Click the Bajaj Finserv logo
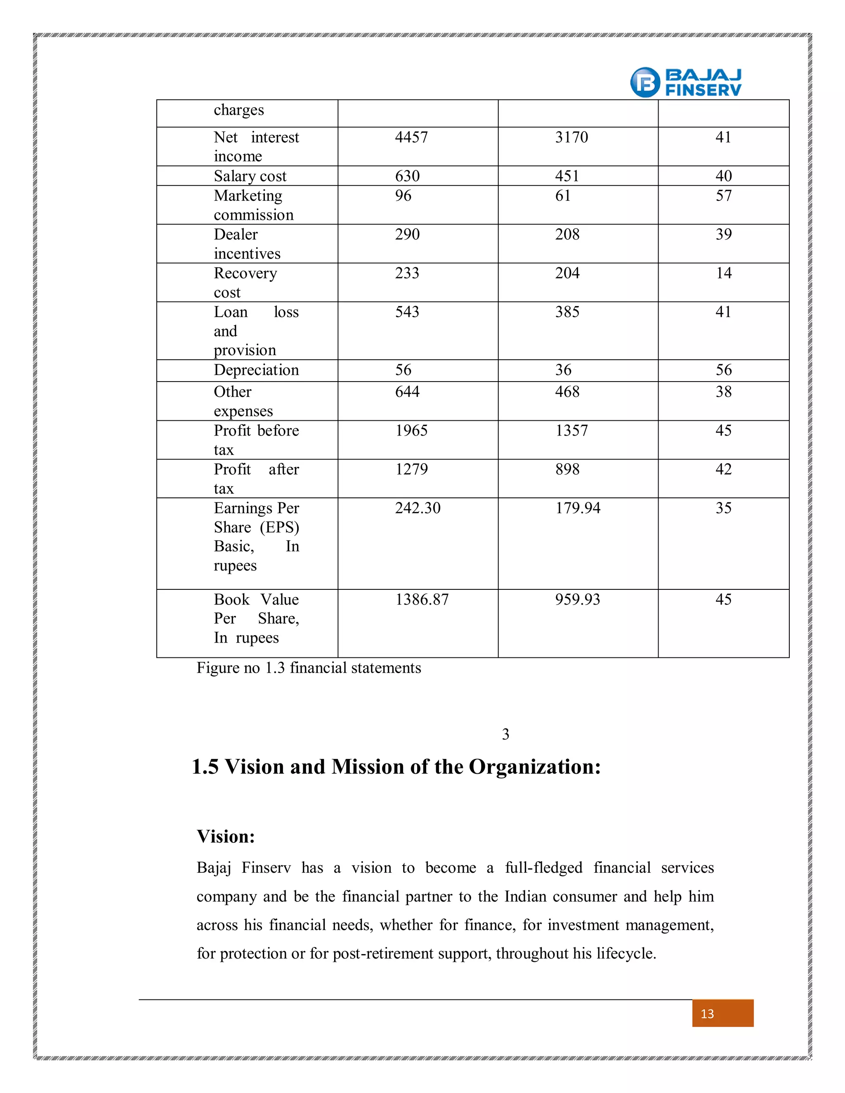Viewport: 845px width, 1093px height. pos(685,82)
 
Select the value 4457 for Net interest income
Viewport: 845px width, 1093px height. pos(411,137)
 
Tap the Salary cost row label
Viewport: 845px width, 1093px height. pos(250,176)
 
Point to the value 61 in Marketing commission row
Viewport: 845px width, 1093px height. pos(563,196)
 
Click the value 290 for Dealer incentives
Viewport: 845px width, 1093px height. pos(407,234)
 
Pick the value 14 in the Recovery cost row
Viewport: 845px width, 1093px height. pos(723,273)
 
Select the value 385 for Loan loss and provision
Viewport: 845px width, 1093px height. pos(567,312)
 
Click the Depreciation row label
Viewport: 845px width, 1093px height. pos(256,370)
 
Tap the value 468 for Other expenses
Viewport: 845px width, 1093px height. pos(567,391)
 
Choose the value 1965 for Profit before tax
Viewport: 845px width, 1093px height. pos(411,430)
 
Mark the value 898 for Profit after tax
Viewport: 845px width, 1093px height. pos(567,469)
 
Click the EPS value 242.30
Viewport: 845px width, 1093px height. pos(418,508)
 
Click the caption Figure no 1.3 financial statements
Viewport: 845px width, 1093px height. pos(308,668)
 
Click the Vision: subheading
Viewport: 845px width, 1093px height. pos(226,837)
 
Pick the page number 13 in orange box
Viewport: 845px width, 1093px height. pos(707,1014)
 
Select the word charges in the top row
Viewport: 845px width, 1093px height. pos(238,110)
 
